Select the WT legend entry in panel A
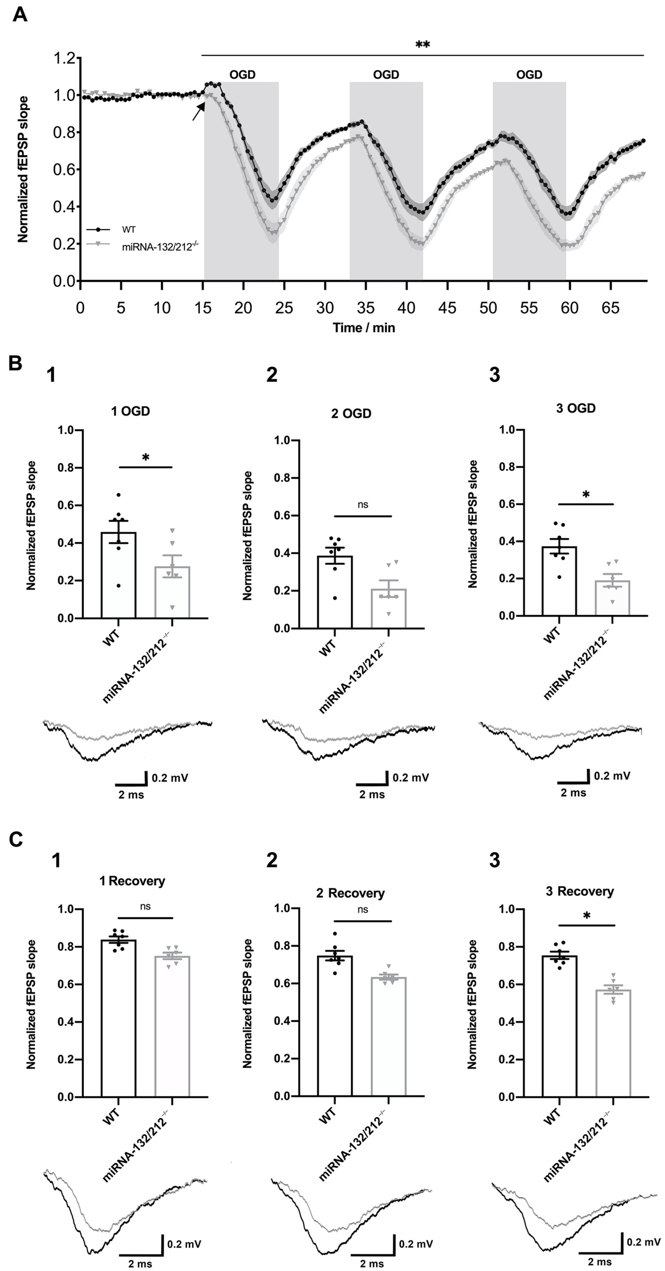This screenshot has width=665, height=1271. [x=129, y=229]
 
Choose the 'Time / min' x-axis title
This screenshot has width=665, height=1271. [x=364, y=328]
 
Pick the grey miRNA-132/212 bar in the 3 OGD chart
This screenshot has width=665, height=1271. [x=612, y=598]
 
